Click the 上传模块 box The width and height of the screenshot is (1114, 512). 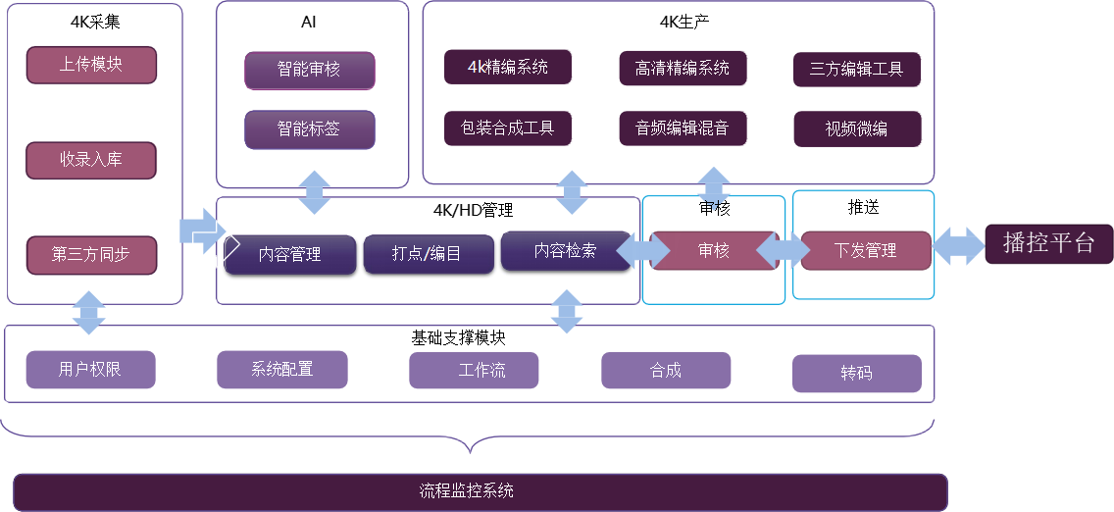(91, 65)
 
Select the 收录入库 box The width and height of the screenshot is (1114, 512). (91, 160)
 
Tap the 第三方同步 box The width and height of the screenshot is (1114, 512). (91, 254)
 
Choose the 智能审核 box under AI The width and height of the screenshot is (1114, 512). (310, 71)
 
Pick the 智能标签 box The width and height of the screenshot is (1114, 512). (310, 129)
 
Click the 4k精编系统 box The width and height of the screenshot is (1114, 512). (507, 68)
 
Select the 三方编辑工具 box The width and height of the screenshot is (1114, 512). (857, 70)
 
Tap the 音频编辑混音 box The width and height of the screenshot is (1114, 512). (683, 128)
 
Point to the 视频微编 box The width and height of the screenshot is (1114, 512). (857, 129)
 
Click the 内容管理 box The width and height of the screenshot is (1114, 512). (290, 254)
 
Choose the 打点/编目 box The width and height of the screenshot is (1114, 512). (427, 254)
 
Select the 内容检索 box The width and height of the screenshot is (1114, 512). (565, 250)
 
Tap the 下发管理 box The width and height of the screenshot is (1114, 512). (866, 250)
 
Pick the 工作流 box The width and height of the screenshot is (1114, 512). (474, 371)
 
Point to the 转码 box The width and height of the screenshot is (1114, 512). (856, 374)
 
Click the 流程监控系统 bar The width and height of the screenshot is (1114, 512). (481, 491)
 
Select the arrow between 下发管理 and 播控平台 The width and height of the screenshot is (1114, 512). (958, 245)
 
